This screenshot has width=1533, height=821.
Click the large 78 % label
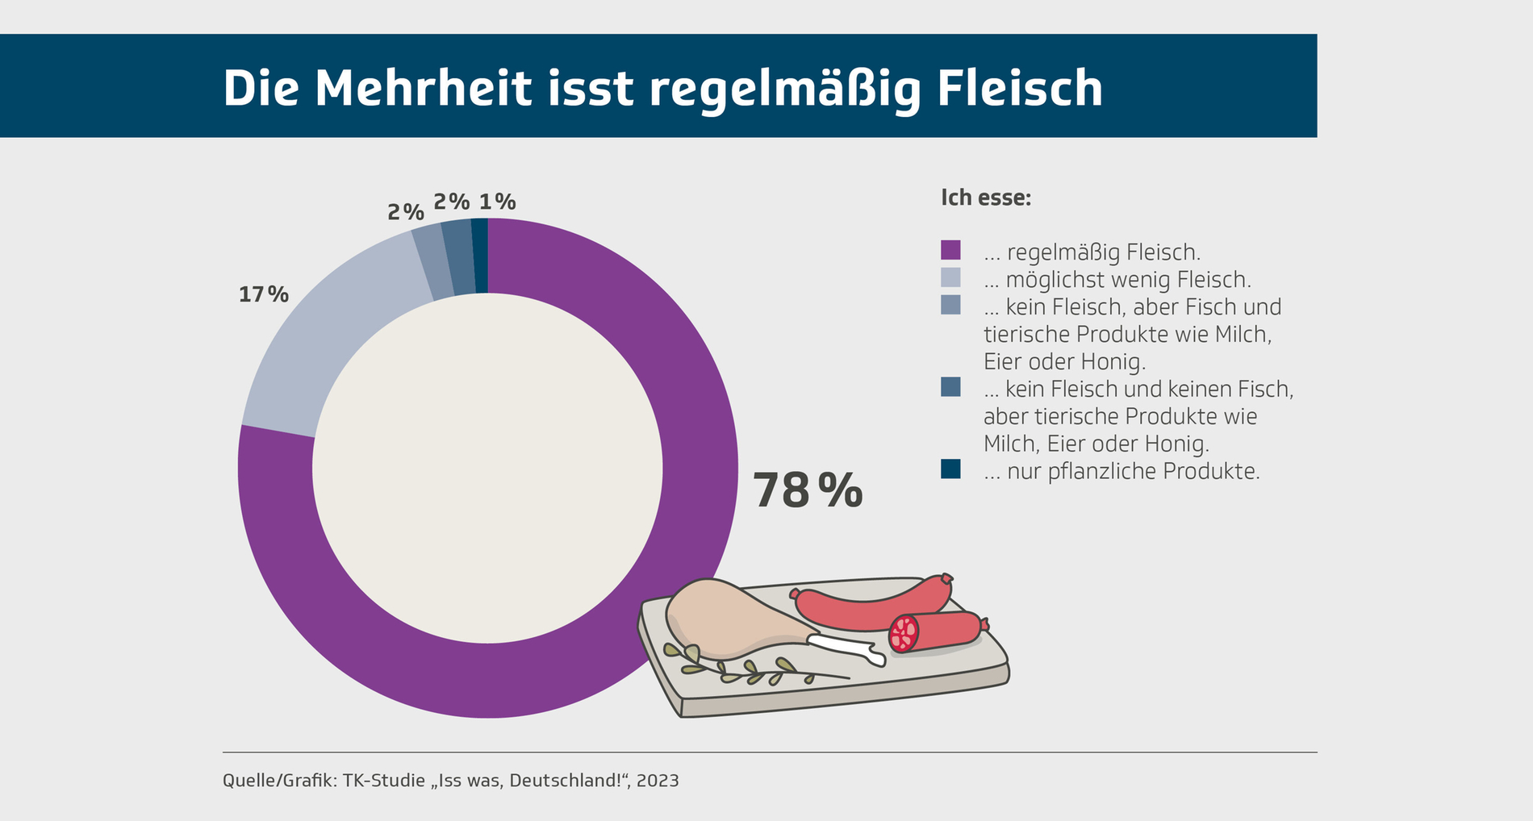click(x=807, y=490)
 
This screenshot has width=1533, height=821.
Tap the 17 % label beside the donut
click(x=263, y=294)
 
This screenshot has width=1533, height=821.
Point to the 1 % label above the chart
click(x=497, y=202)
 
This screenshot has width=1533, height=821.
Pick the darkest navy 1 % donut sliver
click(x=480, y=255)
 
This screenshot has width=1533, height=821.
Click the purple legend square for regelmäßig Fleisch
click(x=950, y=250)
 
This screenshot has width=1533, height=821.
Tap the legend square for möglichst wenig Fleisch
click(x=950, y=277)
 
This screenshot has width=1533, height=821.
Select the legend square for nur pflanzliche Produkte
click(x=950, y=469)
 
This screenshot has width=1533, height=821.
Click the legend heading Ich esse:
click(x=985, y=198)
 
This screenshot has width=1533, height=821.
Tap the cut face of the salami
click(x=904, y=633)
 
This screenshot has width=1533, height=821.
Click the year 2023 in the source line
click(x=657, y=781)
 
